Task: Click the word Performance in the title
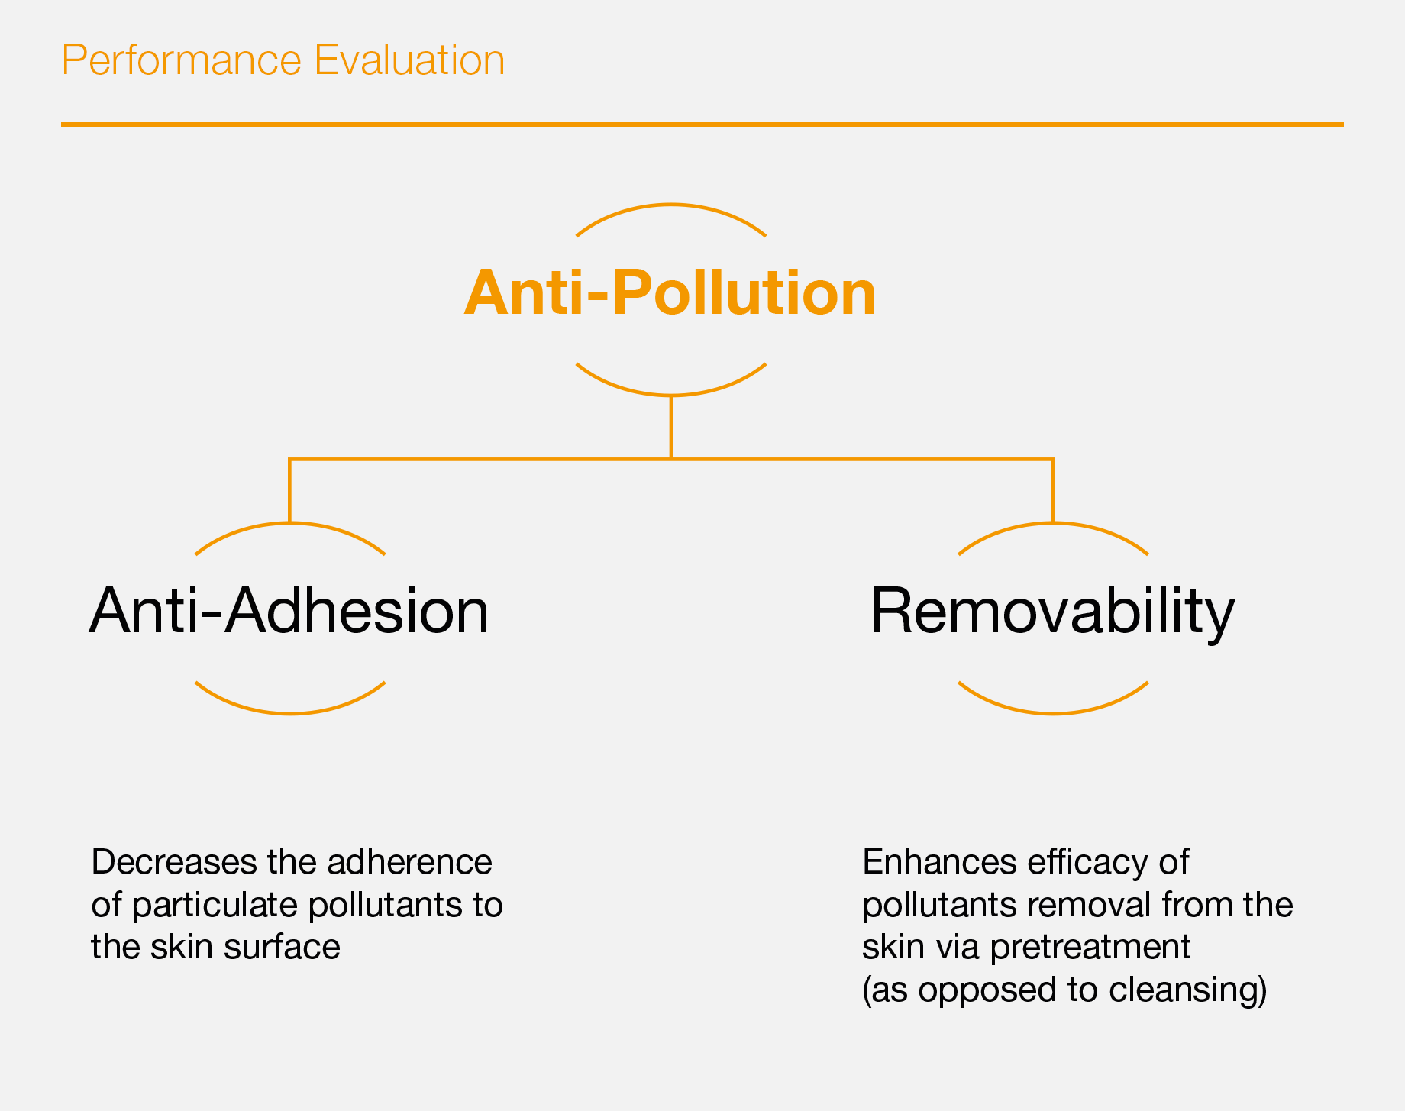tap(182, 61)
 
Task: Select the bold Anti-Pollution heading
tap(670, 292)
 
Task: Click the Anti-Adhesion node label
tap(289, 611)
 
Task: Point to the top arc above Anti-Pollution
tap(671, 205)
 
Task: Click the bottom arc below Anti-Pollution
tap(671, 394)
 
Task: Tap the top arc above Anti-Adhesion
tap(290, 524)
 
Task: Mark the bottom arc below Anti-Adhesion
tap(290, 713)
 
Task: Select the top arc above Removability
tap(1053, 524)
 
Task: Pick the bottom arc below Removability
tap(1053, 713)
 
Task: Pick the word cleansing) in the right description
tap(1187, 990)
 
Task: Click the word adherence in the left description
tap(410, 862)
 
